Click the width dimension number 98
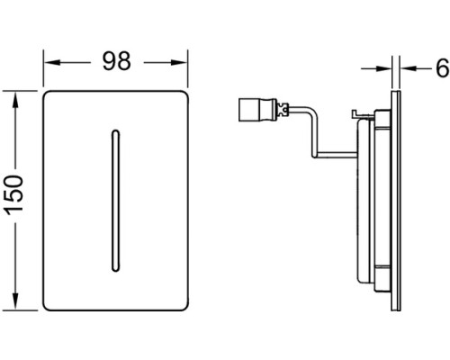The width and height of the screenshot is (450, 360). pos(117,61)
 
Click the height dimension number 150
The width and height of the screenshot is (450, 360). pos(14,195)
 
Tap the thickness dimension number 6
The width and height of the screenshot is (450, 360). pos(443,68)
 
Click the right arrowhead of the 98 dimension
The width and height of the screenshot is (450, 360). pos(179,62)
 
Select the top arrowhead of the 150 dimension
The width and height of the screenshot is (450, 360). pos(14,100)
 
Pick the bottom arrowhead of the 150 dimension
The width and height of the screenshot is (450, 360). pos(14,301)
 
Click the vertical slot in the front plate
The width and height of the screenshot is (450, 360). pos(115,201)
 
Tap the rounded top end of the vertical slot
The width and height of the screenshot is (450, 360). pos(115,132)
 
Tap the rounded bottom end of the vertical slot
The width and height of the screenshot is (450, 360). pos(115,269)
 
